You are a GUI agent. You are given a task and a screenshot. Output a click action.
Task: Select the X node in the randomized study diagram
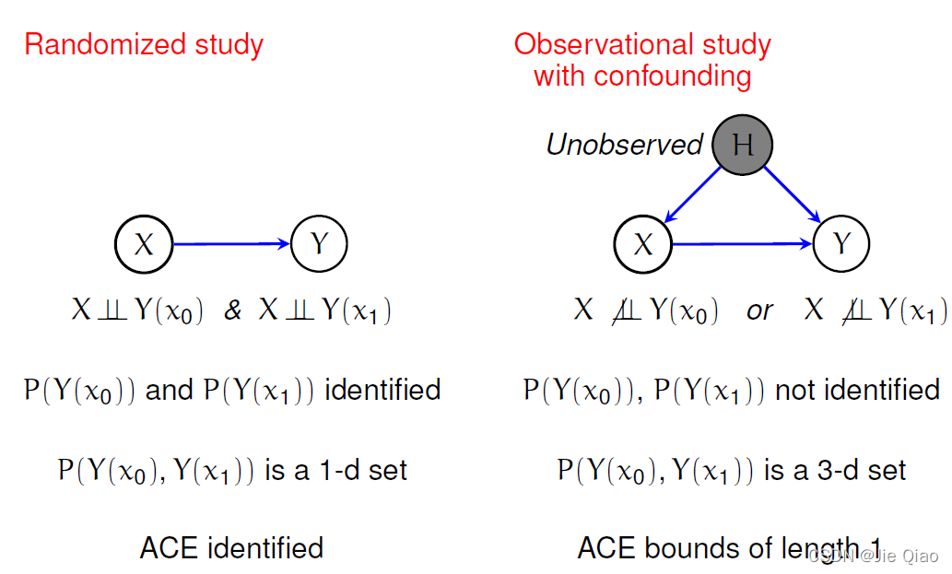click(x=144, y=244)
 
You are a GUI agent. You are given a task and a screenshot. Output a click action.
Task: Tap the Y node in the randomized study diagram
click(x=319, y=244)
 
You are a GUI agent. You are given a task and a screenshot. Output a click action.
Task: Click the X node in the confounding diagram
click(x=643, y=244)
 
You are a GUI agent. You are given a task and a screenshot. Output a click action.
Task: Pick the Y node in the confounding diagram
click(x=842, y=244)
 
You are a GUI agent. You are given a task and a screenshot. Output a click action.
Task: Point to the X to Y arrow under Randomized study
click(x=231, y=244)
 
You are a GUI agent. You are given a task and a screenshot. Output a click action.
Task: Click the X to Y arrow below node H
click(x=743, y=244)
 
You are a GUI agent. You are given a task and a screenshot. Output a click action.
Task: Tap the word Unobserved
click(x=624, y=145)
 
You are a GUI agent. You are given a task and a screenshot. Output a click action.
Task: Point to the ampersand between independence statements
click(x=233, y=311)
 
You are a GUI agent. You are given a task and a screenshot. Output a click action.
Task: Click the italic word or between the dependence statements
click(x=759, y=311)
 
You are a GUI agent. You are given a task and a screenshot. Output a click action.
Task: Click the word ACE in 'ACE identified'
click(x=169, y=548)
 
